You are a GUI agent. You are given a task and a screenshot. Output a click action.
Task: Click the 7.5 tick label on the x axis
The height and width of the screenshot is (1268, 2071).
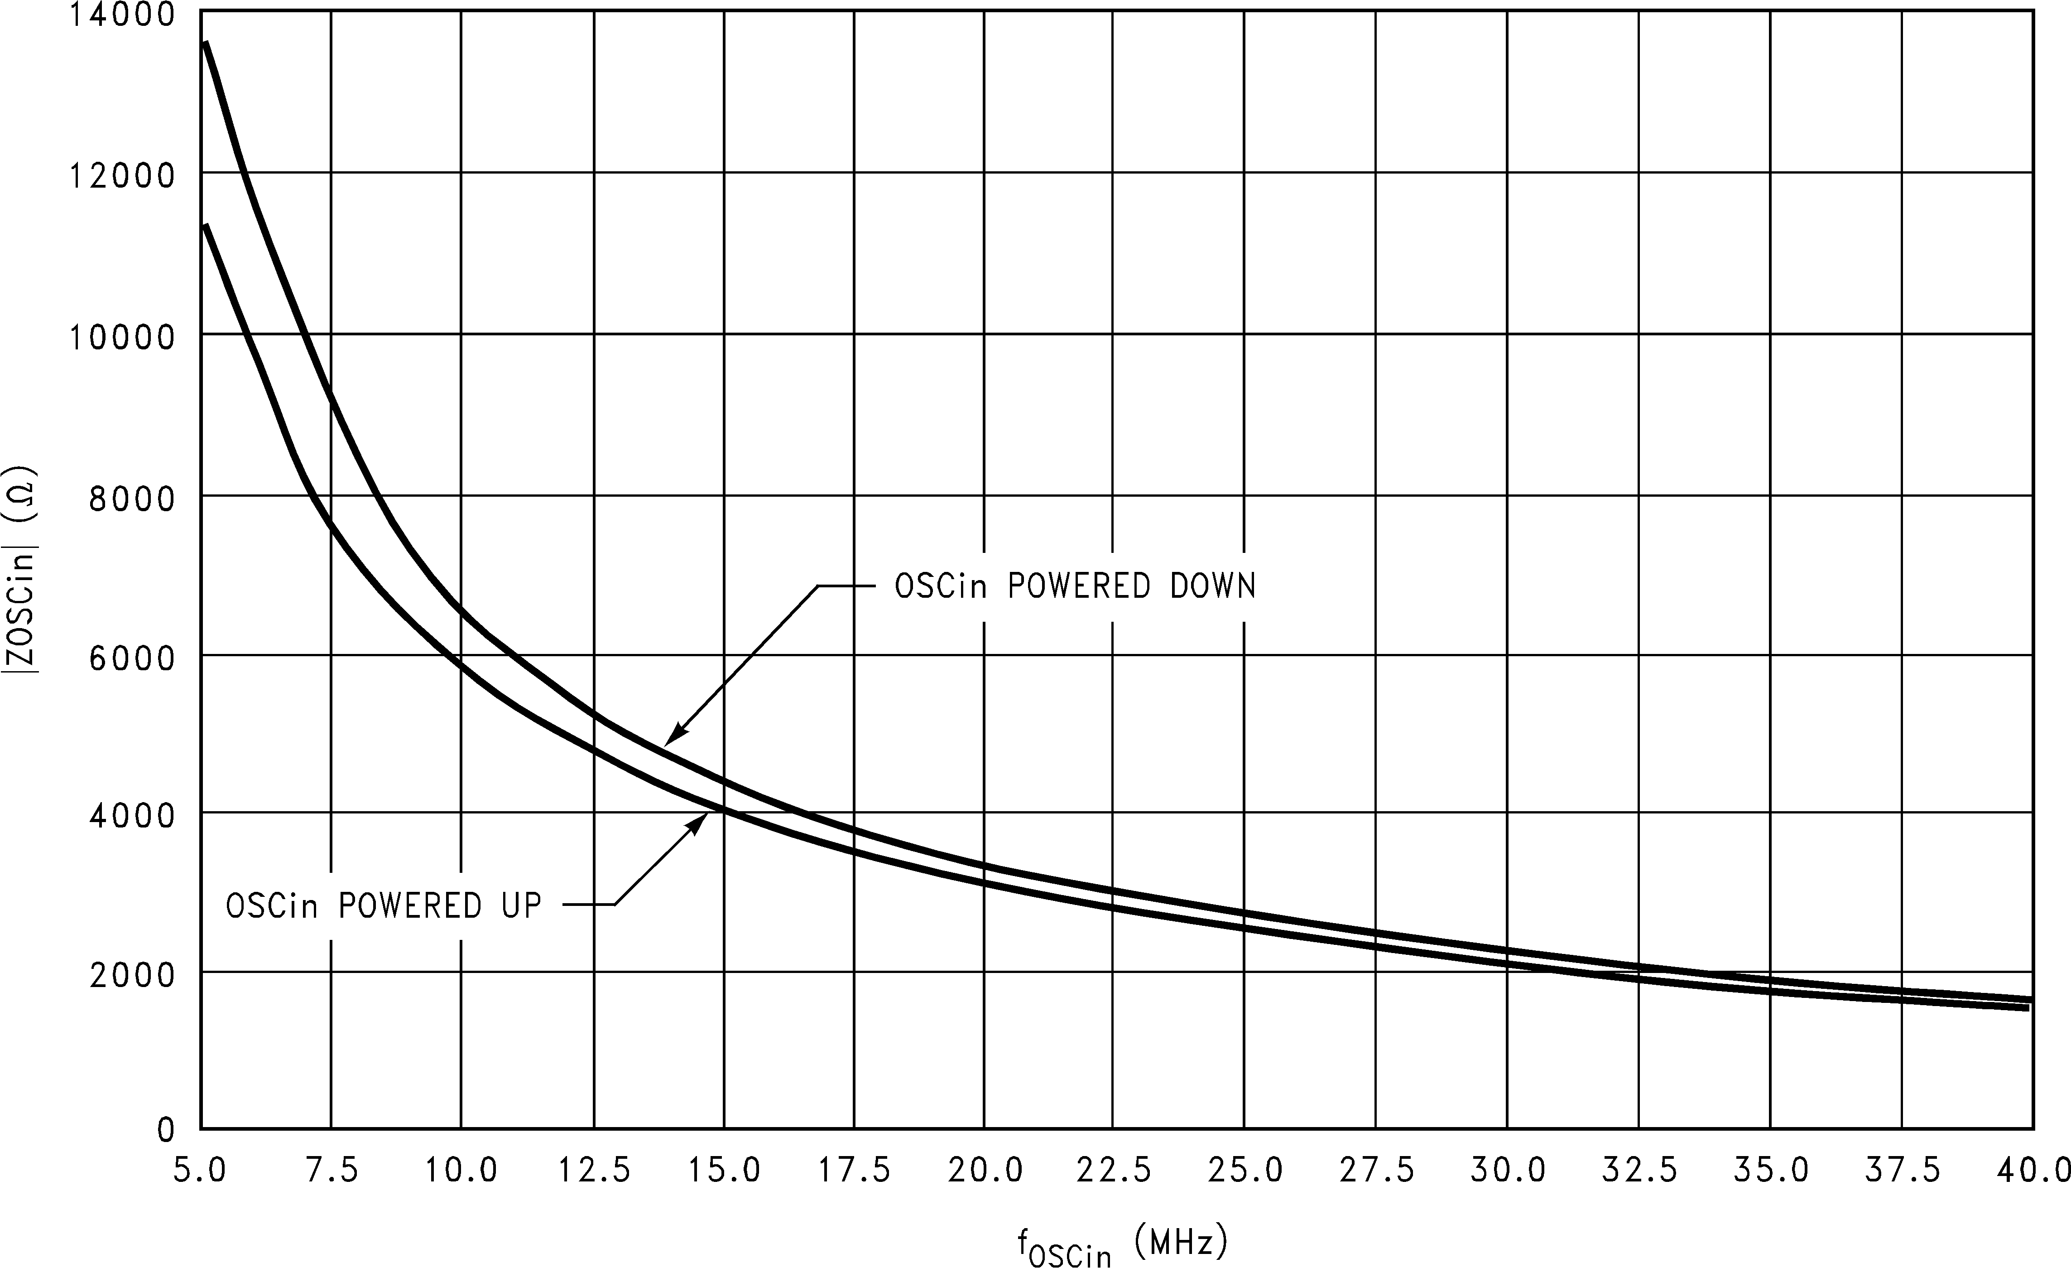tap(332, 1171)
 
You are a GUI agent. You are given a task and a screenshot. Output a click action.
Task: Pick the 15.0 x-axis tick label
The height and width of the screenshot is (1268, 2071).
tap(725, 1171)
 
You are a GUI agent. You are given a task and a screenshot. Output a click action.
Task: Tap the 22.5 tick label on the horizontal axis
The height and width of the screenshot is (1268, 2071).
tap(1114, 1171)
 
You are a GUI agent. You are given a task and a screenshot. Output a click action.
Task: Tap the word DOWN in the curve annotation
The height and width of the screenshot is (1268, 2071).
tap(1213, 586)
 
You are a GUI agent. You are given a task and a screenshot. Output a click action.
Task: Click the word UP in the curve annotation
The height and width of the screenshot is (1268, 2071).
tap(521, 905)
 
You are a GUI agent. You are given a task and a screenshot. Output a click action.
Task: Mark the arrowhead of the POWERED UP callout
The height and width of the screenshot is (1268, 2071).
tap(704, 816)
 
